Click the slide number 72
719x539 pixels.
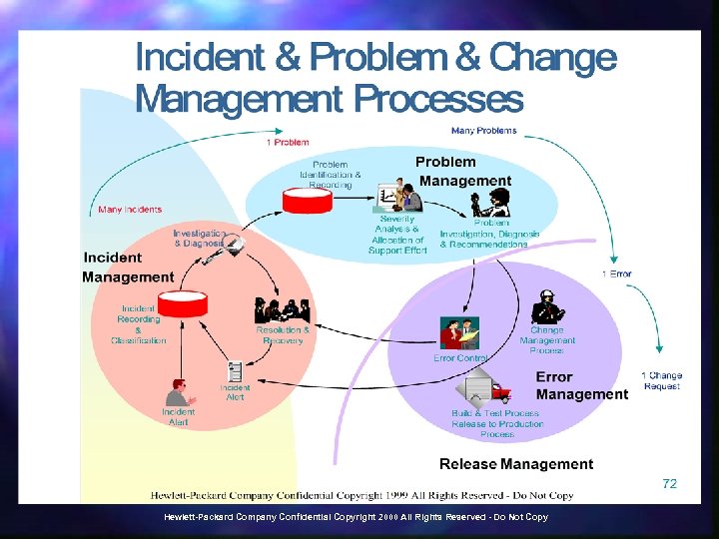(x=669, y=483)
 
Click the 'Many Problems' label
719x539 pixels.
(x=484, y=131)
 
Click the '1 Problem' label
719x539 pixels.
(x=288, y=143)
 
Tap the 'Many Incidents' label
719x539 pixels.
(x=129, y=210)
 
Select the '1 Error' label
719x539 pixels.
(x=616, y=273)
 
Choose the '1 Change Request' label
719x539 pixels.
(x=662, y=380)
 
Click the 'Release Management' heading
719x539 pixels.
(x=516, y=464)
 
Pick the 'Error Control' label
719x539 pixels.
(x=460, y=357)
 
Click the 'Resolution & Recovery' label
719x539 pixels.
(x=283, y=335)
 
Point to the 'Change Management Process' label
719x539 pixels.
(x=547, y=339)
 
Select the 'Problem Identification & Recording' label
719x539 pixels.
(x=331, y=175)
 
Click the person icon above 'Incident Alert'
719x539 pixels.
(x=177, y=390)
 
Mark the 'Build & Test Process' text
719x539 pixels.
(x=495, y=413)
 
